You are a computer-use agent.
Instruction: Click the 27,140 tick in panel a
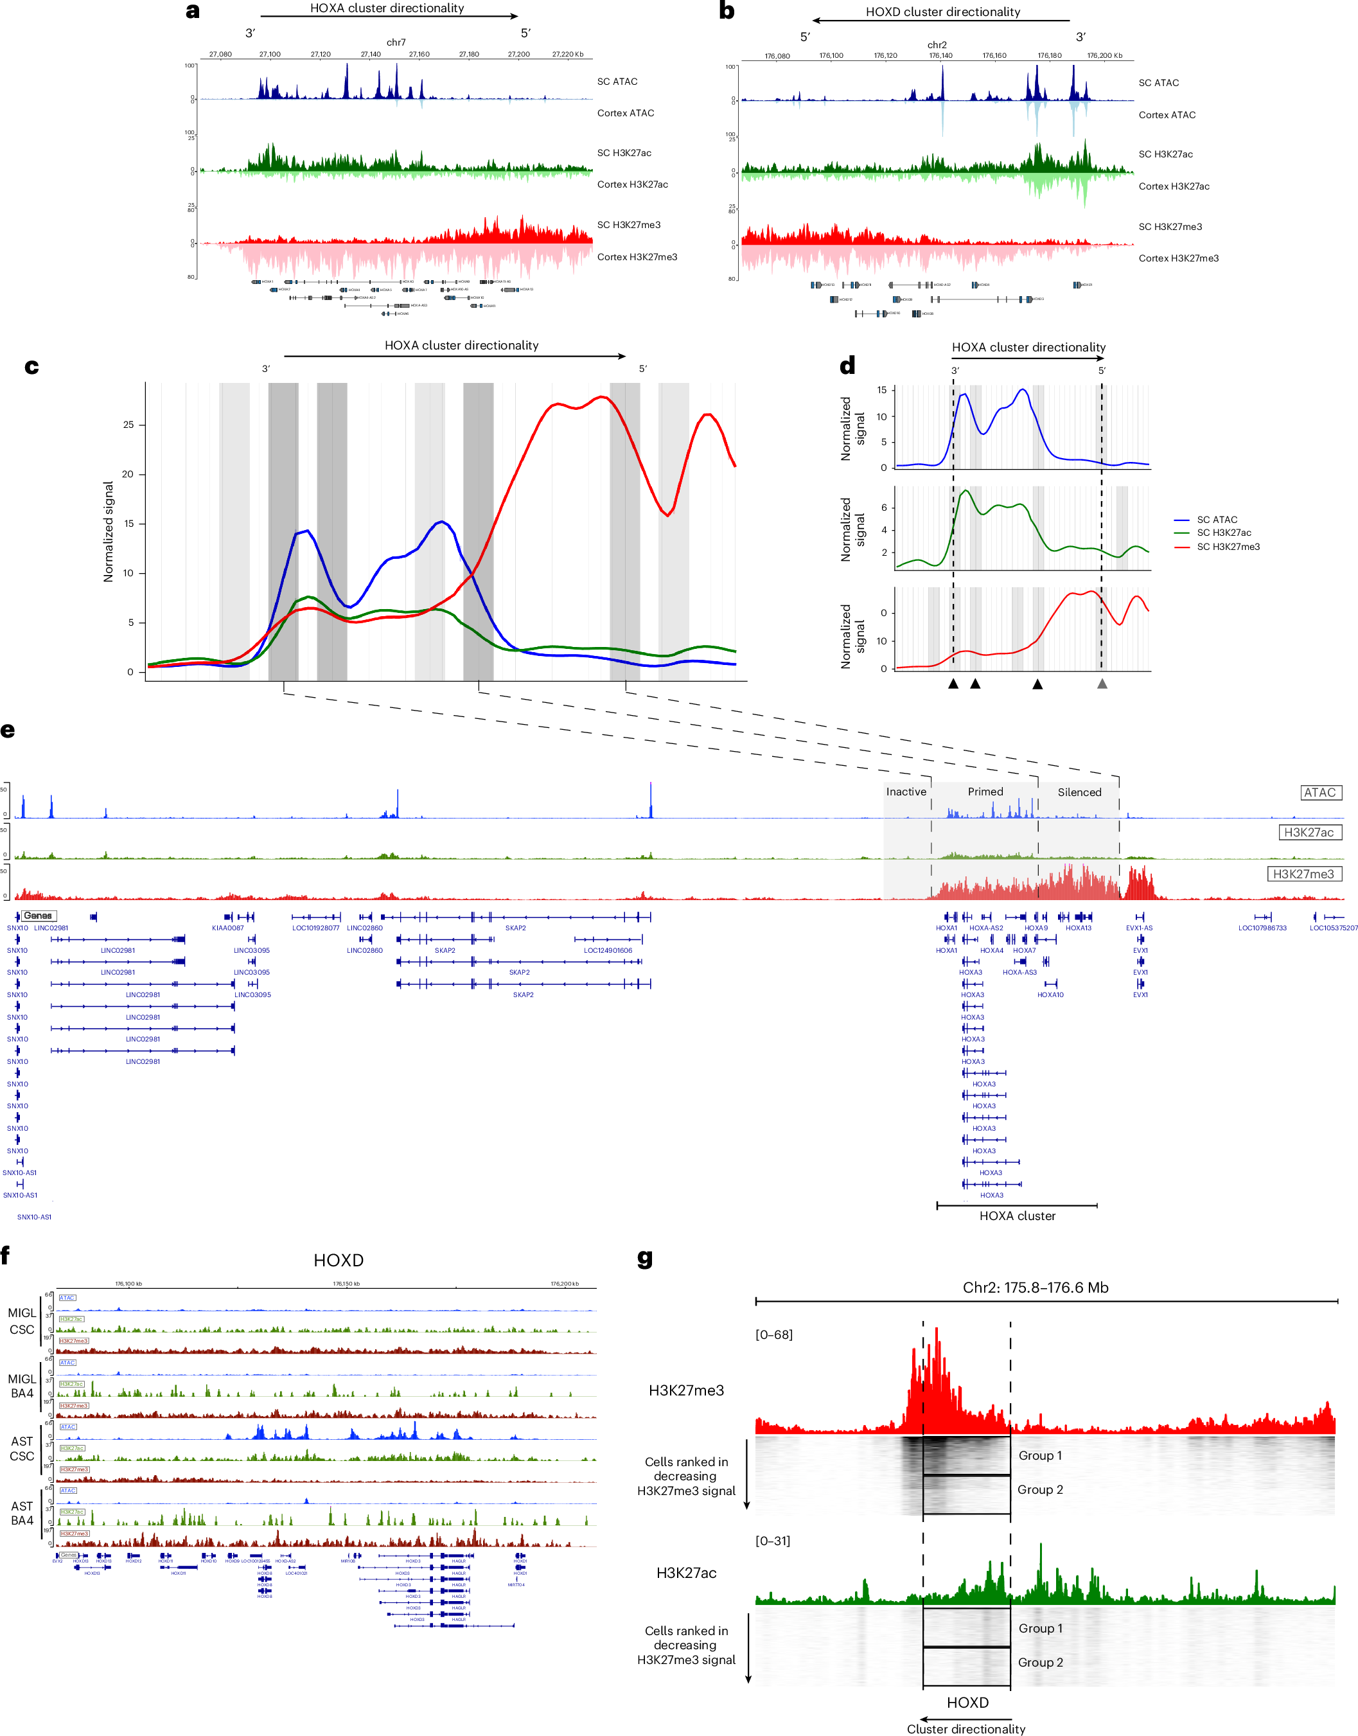pyautogui.click(x=371, y=54)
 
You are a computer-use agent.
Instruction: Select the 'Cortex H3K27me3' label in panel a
pyautogui.click(x=637, y=257)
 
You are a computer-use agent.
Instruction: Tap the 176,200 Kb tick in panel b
pyautogui.click(x=1104, y=56)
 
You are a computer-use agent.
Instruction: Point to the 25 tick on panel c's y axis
pyautogui.click(x=128, y=425)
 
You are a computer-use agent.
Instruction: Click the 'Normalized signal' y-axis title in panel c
pyautogui.click(x=108, y=531)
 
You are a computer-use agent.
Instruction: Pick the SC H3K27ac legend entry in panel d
pyautogui.click(x=1224, y=533)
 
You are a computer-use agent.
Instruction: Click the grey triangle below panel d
pyautogui.click(x=1102, y=683)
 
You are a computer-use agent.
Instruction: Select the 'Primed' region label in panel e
pyautogui.click(x=985, y=792)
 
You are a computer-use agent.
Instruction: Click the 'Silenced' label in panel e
pyautogui.click(x=1079, y=792)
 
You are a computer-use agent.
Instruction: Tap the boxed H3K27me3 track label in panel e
pyautogui.click(x=1303, y=874)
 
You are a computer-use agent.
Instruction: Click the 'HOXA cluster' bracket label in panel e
pyautogui.click(x=1017, y=1216)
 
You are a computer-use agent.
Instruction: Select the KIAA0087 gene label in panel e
pyautogui.click(x=227, y=928)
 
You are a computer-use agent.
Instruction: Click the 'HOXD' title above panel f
pyautogui.click(x=338, y=1261)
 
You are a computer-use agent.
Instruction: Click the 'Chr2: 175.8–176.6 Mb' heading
pyautogui.click(x=1035, y=1288)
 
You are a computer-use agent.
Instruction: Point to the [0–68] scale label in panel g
pyautogui.click(x=773, y=1334)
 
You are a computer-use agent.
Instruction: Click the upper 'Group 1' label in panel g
pyautogui.click(x=1039, y=1455)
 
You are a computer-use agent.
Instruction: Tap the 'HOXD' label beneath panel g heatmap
pyautogui.click(x=967, y=1703)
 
